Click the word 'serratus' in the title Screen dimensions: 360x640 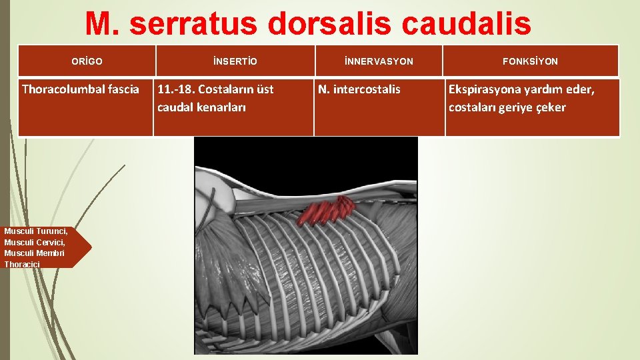click(192, 25)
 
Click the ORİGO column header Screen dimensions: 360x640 click(87, 61)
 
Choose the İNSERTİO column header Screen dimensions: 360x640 click(235, 61)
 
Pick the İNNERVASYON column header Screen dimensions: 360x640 click(379, 61)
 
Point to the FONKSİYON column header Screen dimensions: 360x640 click(531, 61)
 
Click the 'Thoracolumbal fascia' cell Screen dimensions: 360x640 click(81, 89)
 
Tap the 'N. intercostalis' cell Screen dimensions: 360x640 click(359, 89)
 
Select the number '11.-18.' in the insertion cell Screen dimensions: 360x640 click(175, 89)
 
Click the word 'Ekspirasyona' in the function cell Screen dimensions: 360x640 click(485, 89)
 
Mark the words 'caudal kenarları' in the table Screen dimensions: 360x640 click(201, 107)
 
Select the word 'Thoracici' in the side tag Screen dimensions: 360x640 click(22, 265)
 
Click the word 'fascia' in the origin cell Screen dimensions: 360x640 click(123, 89)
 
